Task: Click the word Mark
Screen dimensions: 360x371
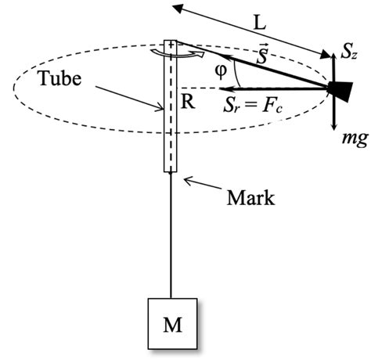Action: pyautogui.click(x=250, y=197)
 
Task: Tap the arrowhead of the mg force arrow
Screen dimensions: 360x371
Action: pyautogui.click(x=334, y=126)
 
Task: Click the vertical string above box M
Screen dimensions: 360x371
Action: pyautogui.click(x=170, y=235)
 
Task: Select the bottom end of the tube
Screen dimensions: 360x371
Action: pyautogui.click(x=170, y=170)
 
